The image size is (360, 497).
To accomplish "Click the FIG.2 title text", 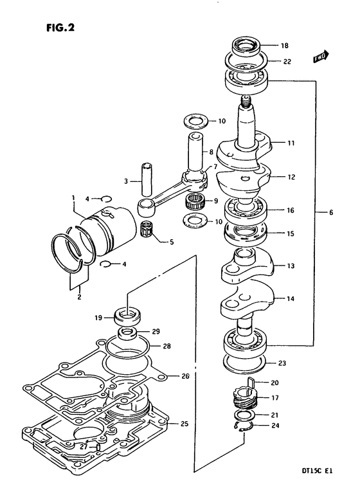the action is tap(60, 28).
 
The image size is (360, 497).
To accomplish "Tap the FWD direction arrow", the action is tap(321, 57).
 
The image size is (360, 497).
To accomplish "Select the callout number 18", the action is tap(285, 46).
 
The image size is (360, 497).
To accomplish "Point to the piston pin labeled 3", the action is tap(146, 180).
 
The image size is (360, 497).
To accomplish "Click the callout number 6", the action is tap(331, 212).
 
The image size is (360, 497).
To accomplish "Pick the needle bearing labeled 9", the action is tap(195, 201).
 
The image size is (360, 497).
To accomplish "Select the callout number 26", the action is tap(185, 376).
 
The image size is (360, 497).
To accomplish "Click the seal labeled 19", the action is tap(128, 316).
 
